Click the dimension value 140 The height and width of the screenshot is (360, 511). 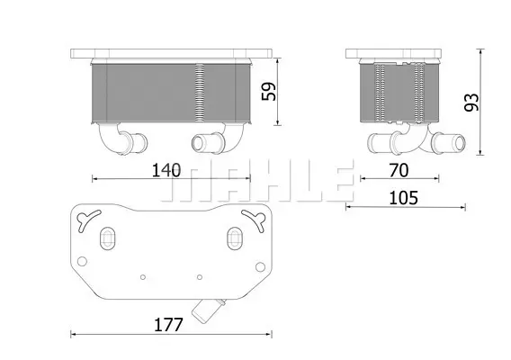click(166, 170)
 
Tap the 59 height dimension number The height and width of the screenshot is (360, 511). click(269, 91)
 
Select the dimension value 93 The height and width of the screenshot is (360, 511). click(471, 103)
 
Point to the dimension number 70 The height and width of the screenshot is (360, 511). click(399, 170)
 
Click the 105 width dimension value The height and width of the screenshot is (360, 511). click(403, 198)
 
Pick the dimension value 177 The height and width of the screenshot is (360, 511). click(168, 325)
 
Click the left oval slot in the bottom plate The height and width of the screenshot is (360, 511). click(107, 238)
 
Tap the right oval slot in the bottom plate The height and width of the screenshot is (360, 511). click(234, 238)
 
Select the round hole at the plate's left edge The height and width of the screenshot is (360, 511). click(82, 261)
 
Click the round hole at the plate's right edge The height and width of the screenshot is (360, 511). click(260, 267)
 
